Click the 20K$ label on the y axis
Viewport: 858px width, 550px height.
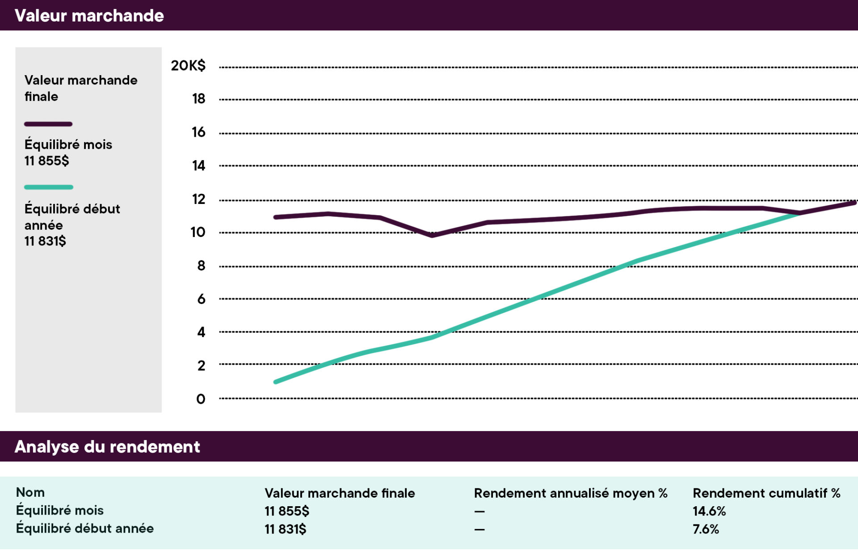click(188, 66)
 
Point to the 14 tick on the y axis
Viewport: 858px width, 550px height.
click(198, 166)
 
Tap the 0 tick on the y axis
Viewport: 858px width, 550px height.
click(201, 399)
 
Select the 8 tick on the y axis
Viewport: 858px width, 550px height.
click(201, 266)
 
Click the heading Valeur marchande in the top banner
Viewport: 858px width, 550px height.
click(89, 16)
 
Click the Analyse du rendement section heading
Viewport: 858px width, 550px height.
click(107, 447)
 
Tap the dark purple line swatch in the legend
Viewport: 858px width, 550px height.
click(48, 124)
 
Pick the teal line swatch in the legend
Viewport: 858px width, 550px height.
click(49, 187)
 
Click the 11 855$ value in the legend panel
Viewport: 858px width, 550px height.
click(46, 161)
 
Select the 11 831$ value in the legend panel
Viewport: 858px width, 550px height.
click(45, 241)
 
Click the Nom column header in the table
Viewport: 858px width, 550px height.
click(30, 492)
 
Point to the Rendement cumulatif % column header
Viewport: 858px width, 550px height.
click(766, 493)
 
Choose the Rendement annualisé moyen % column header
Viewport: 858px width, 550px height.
click(570, 493)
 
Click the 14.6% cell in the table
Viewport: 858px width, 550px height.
click(709, 511)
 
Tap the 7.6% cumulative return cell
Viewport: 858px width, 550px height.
click(706, 529)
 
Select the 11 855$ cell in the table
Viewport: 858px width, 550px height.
click(287, 511)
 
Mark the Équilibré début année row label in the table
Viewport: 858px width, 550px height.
click(85, 529)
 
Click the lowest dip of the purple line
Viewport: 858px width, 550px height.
click(432, 235)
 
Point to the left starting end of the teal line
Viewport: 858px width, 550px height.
click(276, 382)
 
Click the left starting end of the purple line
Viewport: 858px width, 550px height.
click(276, 217)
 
